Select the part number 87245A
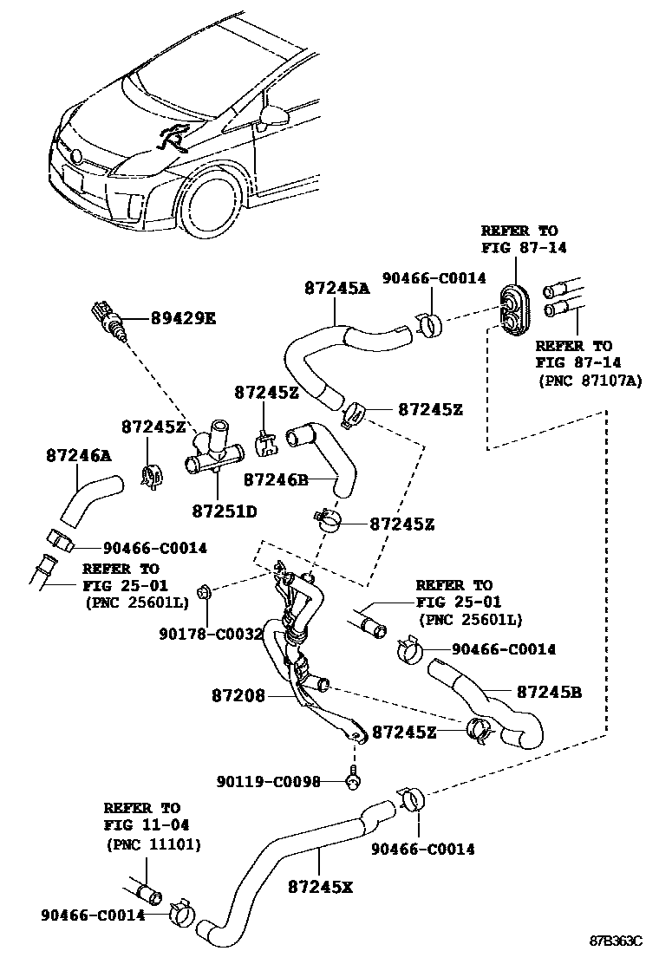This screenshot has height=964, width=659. (x=336, y=289)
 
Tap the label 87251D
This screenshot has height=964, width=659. (x=225, y=511)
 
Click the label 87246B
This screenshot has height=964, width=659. (x=277, y=478)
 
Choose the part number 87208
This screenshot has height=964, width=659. (x=238, y=695)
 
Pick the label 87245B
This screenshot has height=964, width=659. (x=549, y=692)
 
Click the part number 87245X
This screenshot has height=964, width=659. (x=320, y=887)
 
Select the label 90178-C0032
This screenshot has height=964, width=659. (x=211, y=634)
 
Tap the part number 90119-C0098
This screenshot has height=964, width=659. (x=269, y=781)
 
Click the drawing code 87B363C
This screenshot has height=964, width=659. (x=617, y=941)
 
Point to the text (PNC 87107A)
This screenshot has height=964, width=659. (x=590, y=380)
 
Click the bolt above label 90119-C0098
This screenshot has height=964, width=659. (x=354, y=778)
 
